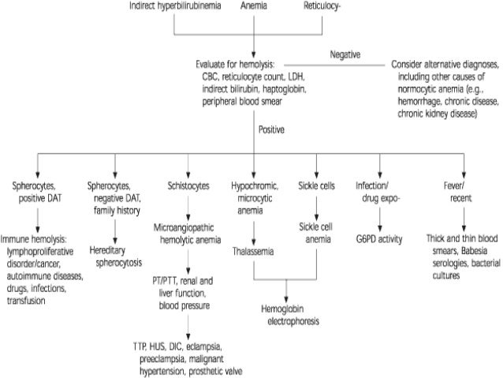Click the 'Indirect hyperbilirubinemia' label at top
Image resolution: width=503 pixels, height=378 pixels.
pyautogui.click(x=174, y=6)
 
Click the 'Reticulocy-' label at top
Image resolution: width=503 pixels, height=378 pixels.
pyautogui.click(x=324, y=6)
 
